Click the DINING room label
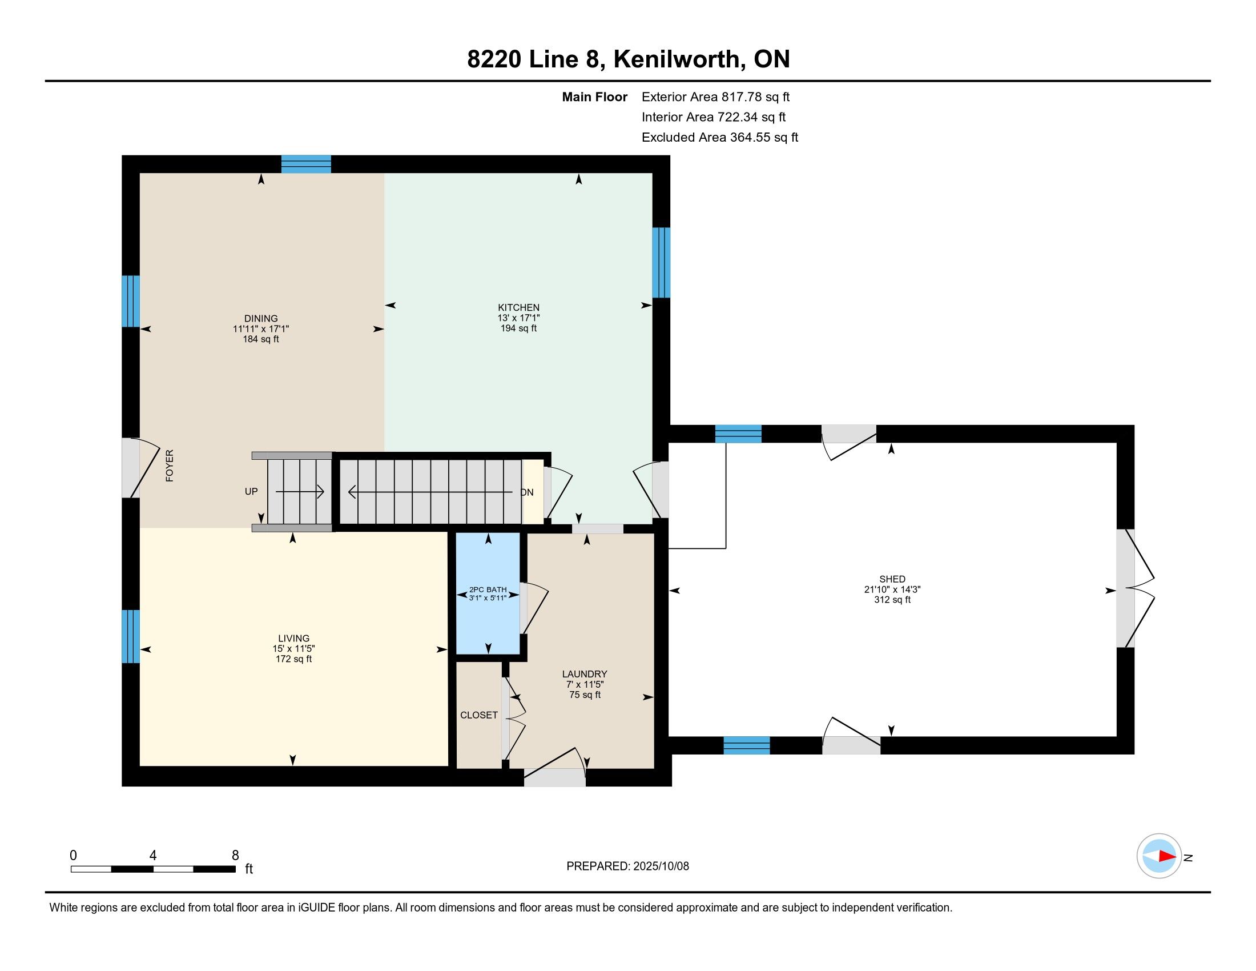tap(260, 318)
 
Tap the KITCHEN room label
tap(519, 307)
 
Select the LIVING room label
tap(294, 638)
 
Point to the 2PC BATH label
tap(488, 589)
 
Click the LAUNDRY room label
tap(584, 673)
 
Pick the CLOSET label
tap(479, 715)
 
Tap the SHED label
tap(892, 579)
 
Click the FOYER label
tap(170, 466)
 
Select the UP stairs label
tap(251, 491)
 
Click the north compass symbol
tap(1159, 856)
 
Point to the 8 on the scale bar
tap(235, 855)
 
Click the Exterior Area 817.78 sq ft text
tap(715, 97)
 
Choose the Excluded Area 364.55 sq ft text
tap(719, 138)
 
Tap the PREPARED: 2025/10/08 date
tap(627, 866)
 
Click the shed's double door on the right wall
tap(1134, 588)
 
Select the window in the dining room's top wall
tap(306, 164)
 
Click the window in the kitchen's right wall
tap(661, 262)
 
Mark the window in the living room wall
tap(131, 636)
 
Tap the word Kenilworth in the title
tap(677, 59)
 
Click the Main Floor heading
tap(594, 97)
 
